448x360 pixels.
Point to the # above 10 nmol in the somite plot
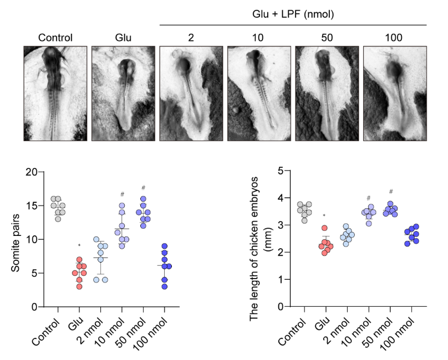[123, 194]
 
